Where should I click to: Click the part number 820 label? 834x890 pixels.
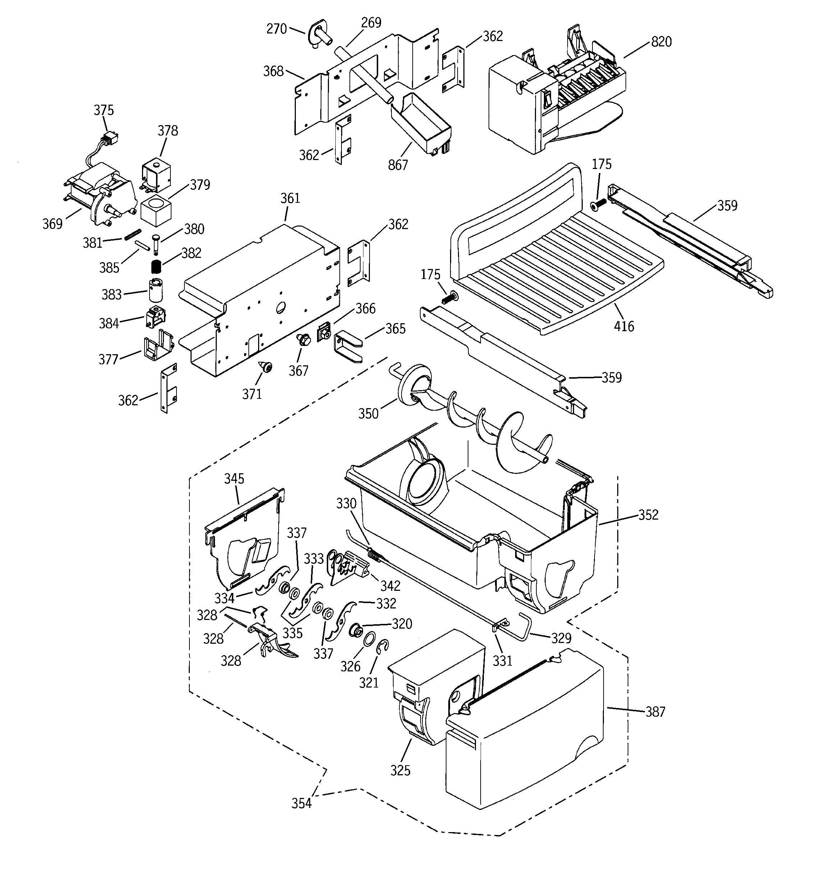[661, 42]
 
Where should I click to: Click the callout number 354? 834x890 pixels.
[301, 804]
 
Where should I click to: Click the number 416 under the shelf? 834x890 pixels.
[624, 327]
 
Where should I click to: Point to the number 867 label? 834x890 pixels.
[398, 165]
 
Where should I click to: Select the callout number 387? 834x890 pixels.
[655, 712]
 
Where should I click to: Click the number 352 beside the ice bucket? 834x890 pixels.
[648, 515]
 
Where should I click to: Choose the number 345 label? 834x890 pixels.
[234, 479]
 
